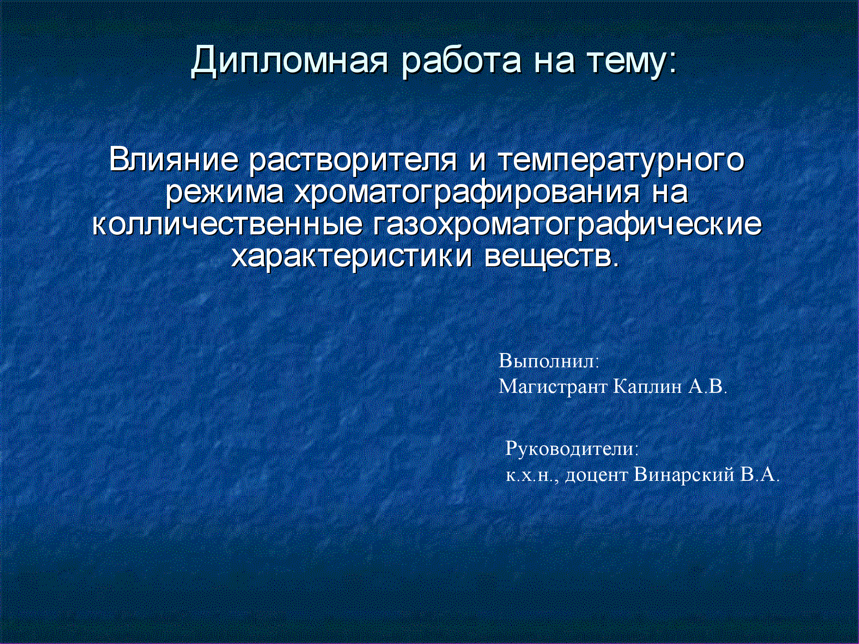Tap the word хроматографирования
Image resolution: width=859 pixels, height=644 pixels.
pos(467,193)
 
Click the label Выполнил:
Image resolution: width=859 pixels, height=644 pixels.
pos(549,361)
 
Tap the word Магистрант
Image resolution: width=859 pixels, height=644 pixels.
pos(553,386)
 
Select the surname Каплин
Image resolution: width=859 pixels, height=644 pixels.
pos(647,386)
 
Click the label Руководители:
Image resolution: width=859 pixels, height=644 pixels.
pos(572,449)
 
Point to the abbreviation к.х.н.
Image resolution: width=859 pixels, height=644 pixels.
pos(531,475)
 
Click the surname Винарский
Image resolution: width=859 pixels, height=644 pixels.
pos(684,475)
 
